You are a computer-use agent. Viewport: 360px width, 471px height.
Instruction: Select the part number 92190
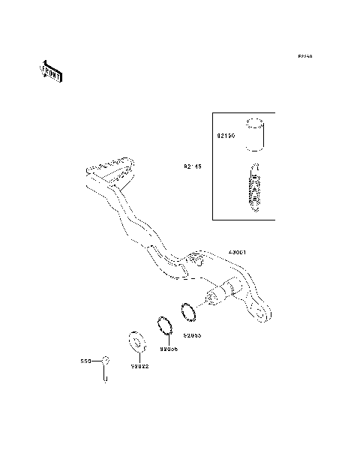(x=226, y=138)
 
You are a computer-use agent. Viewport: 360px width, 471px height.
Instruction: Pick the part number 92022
(x=140, y=367)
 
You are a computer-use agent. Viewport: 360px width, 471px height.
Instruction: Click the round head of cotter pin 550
(x=106, y=361)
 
